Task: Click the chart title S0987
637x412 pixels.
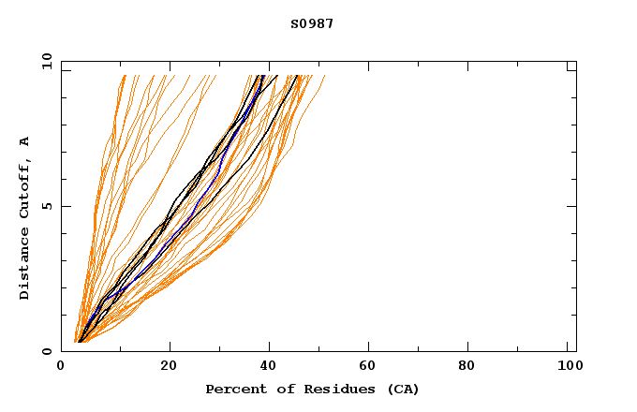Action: tap(312, 24)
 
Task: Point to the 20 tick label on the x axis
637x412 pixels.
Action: tap(169, 366)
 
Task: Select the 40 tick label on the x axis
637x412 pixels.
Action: tap(270, 366)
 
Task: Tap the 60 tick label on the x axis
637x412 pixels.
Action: tap(371, 366)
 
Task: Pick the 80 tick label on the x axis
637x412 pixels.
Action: tap(472, 366)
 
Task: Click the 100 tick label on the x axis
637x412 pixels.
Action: tap(569, 366)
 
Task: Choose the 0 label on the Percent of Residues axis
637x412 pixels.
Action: tap(62, 366)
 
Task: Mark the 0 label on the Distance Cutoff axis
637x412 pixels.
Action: tap(46, 351)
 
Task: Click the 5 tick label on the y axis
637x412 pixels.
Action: tap(46, 206)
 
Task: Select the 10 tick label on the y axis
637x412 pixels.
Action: tap(46, 62)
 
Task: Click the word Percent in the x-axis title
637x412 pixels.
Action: tap(233, 389)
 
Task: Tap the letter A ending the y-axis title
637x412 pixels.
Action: tap(25, 141)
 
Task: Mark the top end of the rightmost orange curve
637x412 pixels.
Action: tap(324, 77)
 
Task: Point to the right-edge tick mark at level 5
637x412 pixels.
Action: tap(571, 206)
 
